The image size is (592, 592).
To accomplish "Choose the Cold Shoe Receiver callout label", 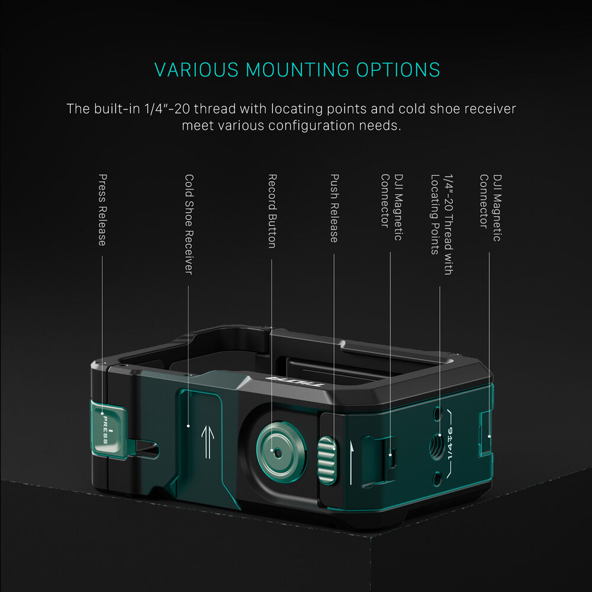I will click(x=189, y=223).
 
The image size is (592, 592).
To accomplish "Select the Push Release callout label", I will click(x=334, y=208).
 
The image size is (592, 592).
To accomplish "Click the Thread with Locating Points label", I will click(x=442, y=224).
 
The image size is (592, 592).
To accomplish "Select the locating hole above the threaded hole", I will click(x=437, y=414).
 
